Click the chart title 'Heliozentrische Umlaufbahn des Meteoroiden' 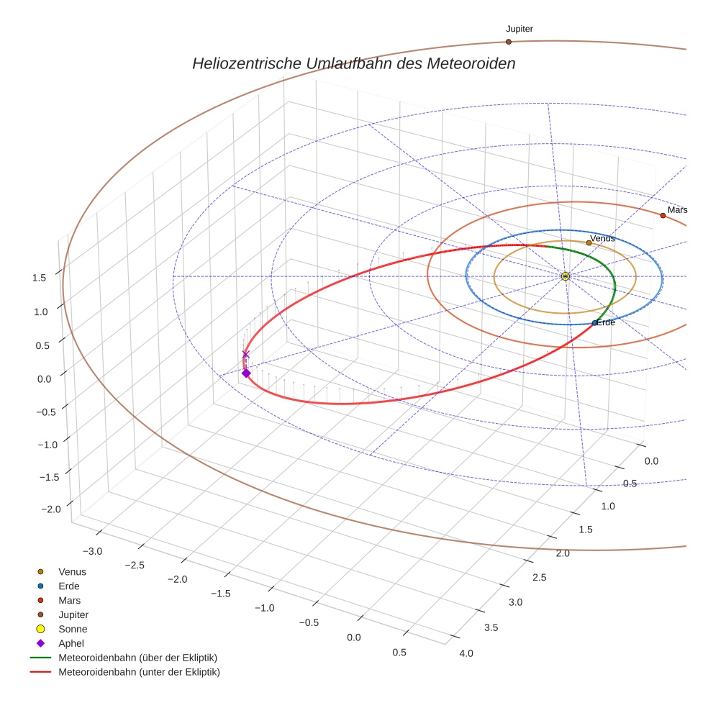353,63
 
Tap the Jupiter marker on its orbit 508,42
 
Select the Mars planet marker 663,215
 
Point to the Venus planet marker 589,242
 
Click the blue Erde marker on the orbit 594,323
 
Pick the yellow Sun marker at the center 565,276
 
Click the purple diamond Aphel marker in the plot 246,373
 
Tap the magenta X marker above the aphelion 245,354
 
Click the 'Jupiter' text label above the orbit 519,29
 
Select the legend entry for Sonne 73,629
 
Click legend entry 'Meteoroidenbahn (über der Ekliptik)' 137,658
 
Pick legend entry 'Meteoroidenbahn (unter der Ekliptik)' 139,672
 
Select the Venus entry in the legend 72,571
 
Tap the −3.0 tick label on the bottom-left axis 92,551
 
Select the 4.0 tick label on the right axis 466,653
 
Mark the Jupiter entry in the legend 73,614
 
